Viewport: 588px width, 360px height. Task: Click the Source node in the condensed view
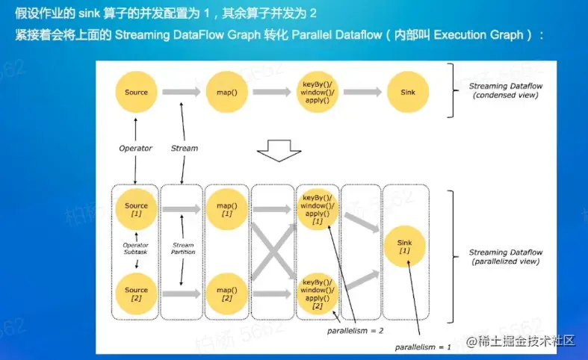tap(136, 93)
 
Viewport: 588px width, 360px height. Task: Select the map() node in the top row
tap(226, 93)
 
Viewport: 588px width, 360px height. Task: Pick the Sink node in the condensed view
tap(408, 93)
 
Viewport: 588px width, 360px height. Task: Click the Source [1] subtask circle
tap(136, 210)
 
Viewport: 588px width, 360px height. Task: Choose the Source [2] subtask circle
tap(136, 294)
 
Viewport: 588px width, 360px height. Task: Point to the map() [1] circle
tap(226, 210)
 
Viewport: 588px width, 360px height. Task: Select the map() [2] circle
tap(226, 294)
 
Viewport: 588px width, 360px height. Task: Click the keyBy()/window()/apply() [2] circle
tap(318, 294)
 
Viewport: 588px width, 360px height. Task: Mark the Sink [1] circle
tap(404, 247)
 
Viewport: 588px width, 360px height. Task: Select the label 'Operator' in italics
tap(135, 148)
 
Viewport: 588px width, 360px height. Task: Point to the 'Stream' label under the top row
tap(184, 148)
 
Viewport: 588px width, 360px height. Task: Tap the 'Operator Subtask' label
tap(135, 248)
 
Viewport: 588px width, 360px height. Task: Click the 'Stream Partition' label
tap(183, 248)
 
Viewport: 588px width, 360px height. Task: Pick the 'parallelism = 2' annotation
tap(356, 329)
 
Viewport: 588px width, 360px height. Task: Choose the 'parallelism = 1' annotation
tap(424, 347)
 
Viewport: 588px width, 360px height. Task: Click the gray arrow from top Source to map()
tap(182, 93)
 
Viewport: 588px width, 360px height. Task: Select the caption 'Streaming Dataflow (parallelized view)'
tap(505, 258)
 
